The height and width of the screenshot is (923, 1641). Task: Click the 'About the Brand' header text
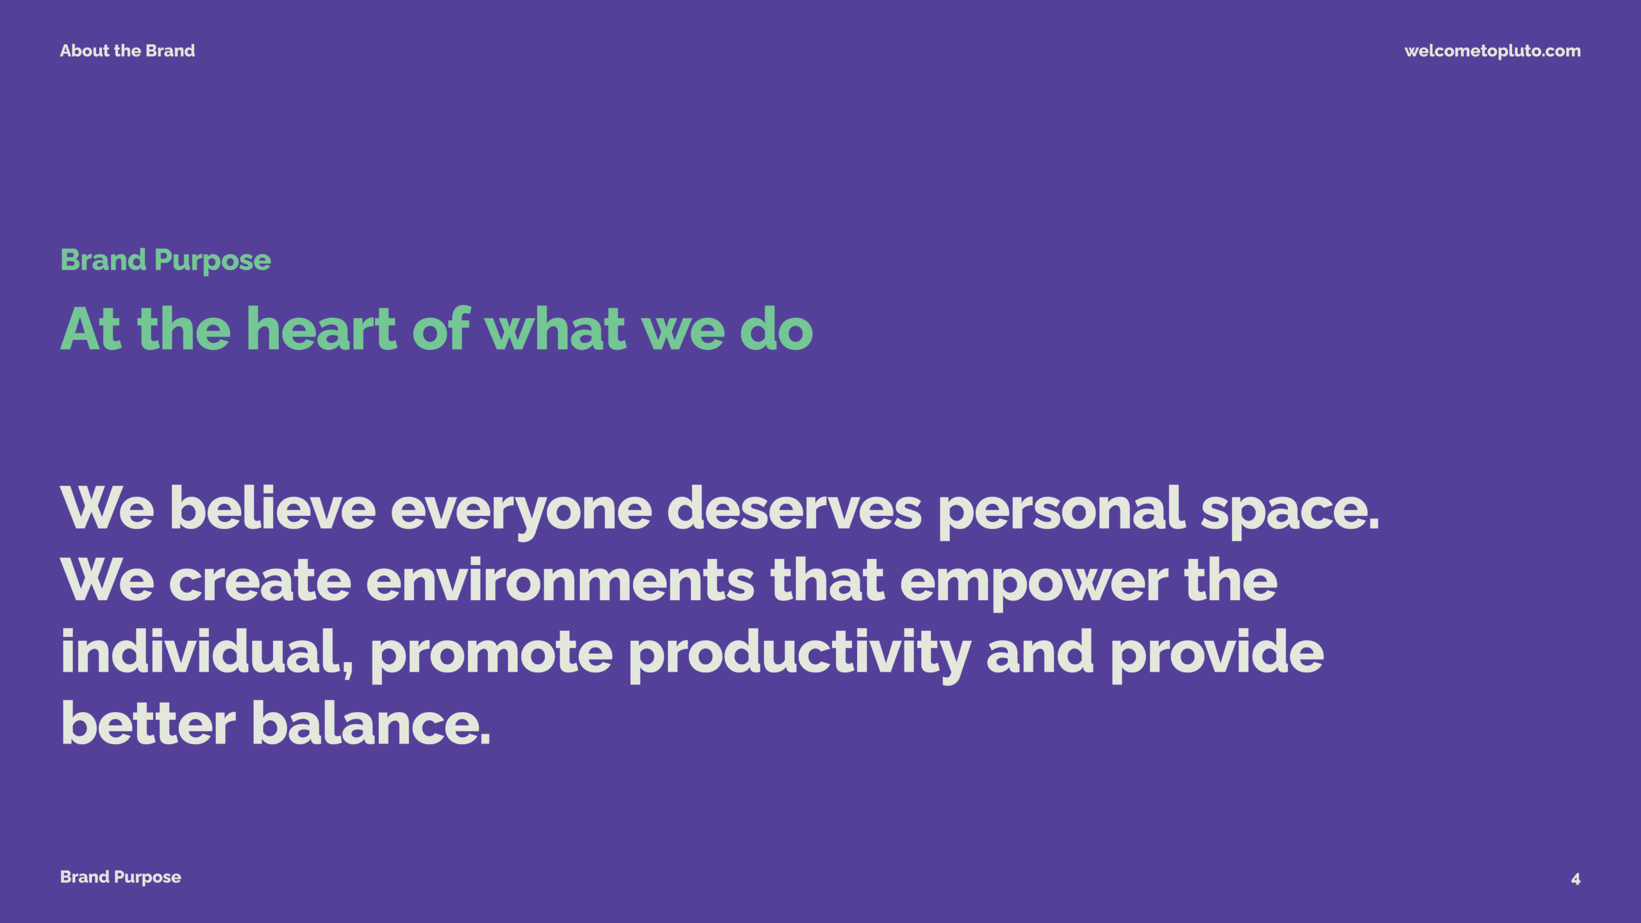point(128,51)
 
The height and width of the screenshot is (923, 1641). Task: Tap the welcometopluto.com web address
point(1492,51)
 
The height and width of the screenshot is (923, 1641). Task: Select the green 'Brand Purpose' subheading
point(165,261)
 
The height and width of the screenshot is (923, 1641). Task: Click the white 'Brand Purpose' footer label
point(121,877)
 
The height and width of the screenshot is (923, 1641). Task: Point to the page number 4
point(1576,879)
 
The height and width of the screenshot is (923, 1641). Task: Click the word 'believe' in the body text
point(272,508)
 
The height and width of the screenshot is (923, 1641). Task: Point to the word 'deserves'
point(794,508)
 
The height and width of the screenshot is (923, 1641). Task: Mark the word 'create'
point(260,580)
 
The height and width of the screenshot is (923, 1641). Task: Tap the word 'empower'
point(1034,583)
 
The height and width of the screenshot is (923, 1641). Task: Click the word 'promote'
point(492,656)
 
